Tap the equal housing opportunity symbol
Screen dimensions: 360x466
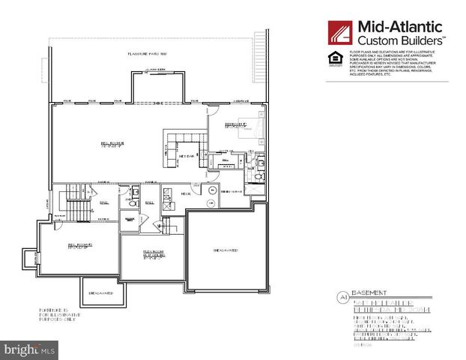tap(333, 59)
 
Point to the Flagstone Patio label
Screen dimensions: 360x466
tap(147, 55)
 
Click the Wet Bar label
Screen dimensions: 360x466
tap(187, 155)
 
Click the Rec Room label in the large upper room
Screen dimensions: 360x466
tap(111, 144)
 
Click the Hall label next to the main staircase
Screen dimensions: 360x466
tap(104, 201)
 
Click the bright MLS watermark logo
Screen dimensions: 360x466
tap(29, 349)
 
